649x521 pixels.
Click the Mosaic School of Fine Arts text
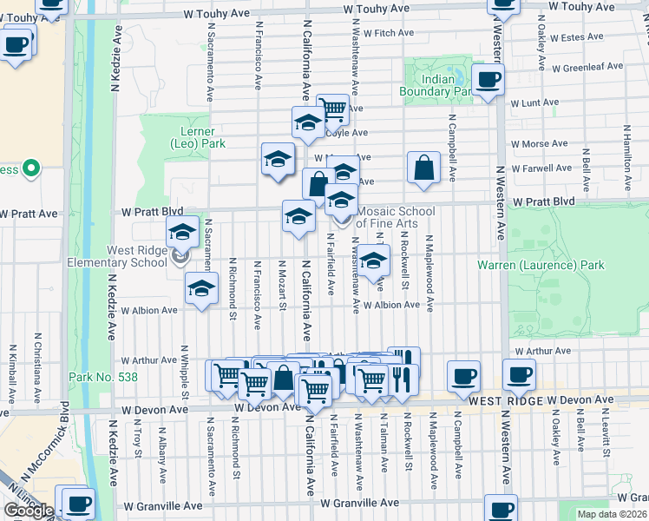[395, 217]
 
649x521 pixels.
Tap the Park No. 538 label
[98, 378]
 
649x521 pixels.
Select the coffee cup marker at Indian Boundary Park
[487, 80]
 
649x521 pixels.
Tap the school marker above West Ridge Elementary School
[182, 232]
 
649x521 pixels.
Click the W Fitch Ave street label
[390, 33]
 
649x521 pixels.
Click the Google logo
[29, 511]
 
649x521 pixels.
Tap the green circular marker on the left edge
[32, 168]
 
